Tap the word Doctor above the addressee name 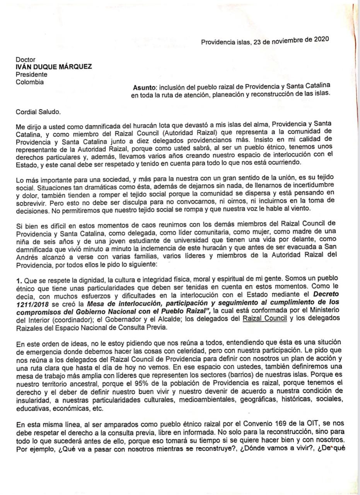[x=26, y=60]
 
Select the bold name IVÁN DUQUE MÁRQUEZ [x=54, y=67]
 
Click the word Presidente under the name [x=32, y=74]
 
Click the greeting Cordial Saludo [x=38, y=112]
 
